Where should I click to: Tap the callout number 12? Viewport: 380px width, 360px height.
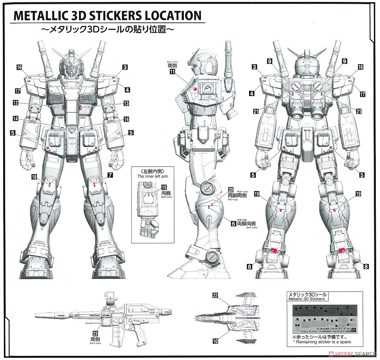(x=16, y=103)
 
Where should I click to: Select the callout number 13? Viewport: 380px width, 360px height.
(x=126, y=103)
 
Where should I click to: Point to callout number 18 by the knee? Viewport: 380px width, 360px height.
(x=34, y=177)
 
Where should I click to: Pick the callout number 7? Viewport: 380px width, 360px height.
(x=110, y=175)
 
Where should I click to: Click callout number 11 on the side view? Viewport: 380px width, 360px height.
(x=173, y=72)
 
